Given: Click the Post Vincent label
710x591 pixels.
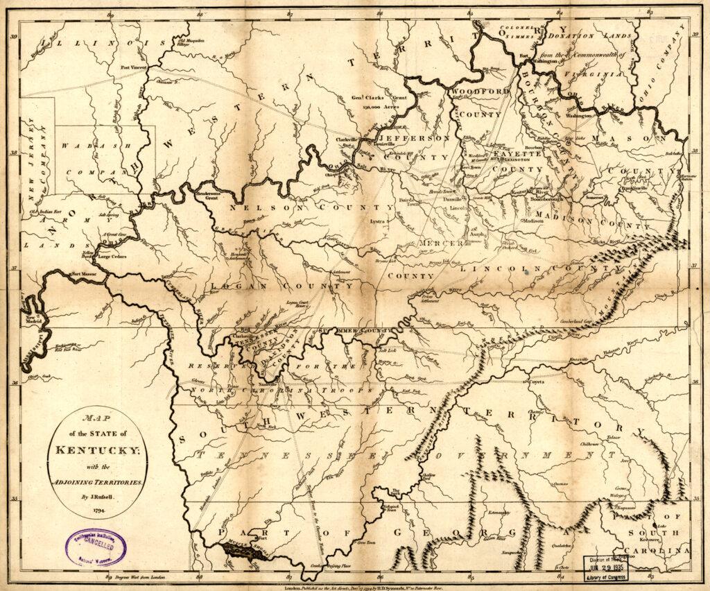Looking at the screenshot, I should [x=135, y=67].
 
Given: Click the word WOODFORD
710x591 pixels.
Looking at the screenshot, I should [x=480, y=91].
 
